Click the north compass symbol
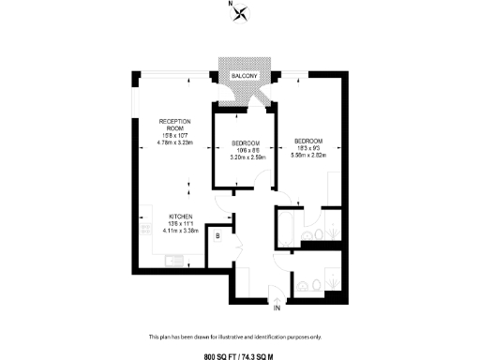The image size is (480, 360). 243,14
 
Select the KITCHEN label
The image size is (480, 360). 181,215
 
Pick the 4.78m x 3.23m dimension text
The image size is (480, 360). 175,144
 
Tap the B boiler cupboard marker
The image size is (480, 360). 217,237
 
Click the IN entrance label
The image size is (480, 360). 277,307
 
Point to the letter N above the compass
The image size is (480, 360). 231,4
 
